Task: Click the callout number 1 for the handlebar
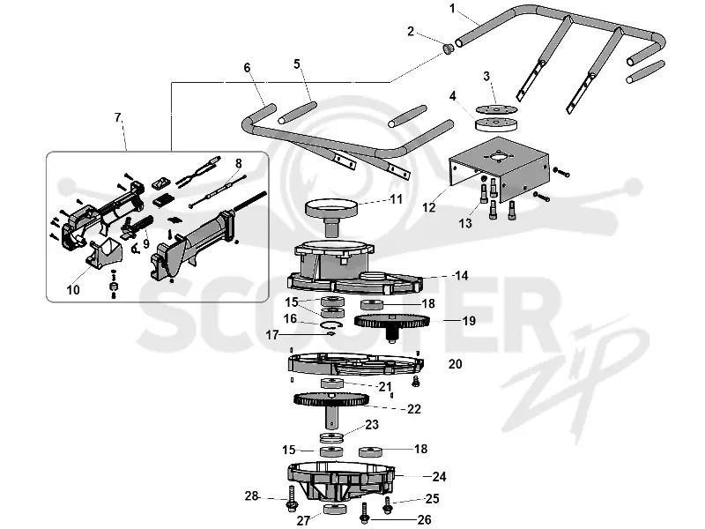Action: coord(452,9)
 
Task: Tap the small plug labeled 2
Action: coord(448,48)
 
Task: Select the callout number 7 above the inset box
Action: coord(118,118)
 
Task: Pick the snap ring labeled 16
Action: coord(332,324)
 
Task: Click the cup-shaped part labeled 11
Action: coord(332,216)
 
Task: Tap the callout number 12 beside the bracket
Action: coord(429,207)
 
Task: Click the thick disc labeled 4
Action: coord(496,123)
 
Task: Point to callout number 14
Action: coord(461,276)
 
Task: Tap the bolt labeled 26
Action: coord(365,514)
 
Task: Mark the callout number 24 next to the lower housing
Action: coord(439,477)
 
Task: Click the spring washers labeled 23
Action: coord(331,437)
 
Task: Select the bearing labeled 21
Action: coord(332,384)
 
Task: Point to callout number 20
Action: coord(455,364)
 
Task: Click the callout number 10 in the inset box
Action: coord(73,290)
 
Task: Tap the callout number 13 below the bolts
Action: coord(465,223)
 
